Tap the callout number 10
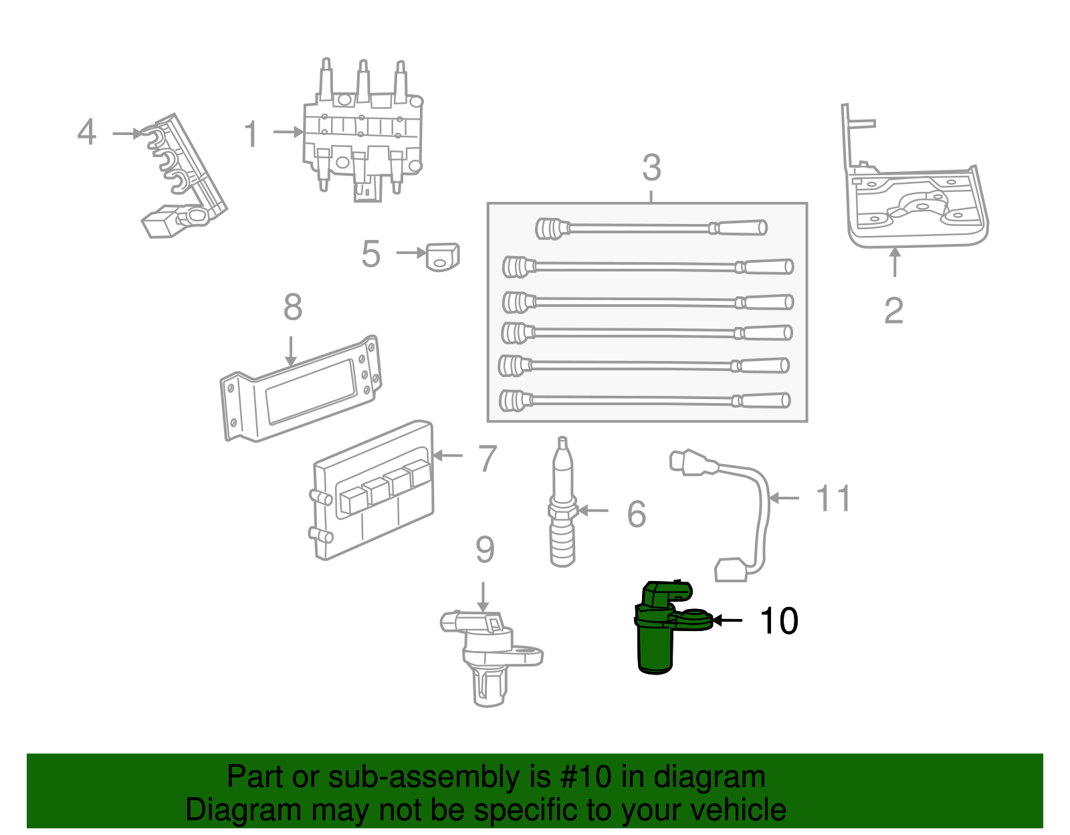[778, 621]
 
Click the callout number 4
[87, 132]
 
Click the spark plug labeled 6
[562, 508]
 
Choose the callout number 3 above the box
[651, 168]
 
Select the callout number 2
[893, 311]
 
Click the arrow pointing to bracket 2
[894, 262]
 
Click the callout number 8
[293, 308]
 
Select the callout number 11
[833, 499]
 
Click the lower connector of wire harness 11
[731, 570]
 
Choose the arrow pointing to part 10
[727, 620]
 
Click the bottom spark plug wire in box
[645, 400]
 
